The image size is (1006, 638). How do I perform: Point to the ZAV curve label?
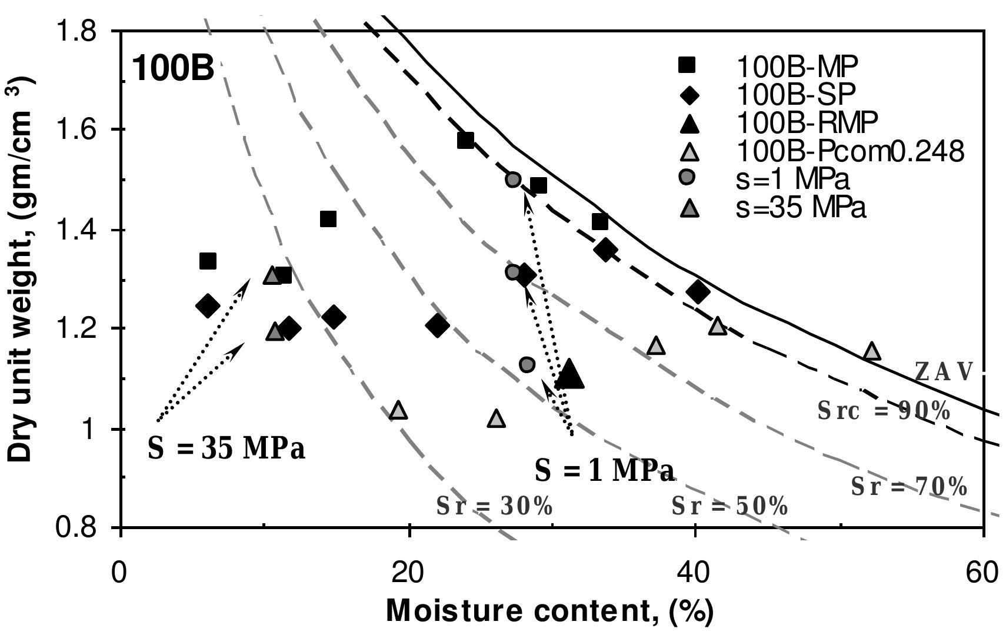[943, 372]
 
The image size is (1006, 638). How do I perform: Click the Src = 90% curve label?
[883, 411]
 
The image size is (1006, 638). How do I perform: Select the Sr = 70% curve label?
[908, 487]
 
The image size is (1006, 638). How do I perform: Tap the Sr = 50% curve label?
[729, 506]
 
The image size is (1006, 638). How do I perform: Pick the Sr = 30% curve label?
[494, 506]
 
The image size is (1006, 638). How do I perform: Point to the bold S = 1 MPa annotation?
[604, 471]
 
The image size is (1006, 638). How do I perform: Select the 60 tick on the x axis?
[982, 573]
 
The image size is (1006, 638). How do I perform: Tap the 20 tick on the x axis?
[408, 573]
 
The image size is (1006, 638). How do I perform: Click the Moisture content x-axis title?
[549, 612]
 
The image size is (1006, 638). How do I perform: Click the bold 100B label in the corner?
[172, 69]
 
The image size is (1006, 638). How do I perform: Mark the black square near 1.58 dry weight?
[465, 140]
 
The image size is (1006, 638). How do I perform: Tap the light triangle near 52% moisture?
[872, 351]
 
